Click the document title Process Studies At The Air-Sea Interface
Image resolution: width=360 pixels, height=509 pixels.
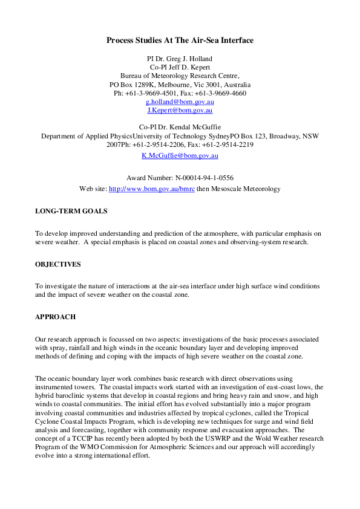[180, 41]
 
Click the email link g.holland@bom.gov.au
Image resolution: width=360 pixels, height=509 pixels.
[180, 102]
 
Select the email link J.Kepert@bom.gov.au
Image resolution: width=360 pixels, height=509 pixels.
[180, 111]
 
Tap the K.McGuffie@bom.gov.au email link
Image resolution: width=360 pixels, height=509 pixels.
[180, 155]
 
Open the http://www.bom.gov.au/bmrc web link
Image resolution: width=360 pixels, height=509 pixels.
[151, 189]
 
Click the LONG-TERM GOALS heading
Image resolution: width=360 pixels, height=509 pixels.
[71, 212]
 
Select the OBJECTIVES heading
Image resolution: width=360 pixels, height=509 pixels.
[57, 264]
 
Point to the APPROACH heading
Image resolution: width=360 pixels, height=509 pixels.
[56, 317]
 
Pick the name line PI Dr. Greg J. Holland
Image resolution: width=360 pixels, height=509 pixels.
[180, 59]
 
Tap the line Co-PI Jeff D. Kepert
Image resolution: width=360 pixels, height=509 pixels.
[180, 67]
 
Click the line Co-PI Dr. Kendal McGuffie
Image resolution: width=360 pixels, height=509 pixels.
[180, 128]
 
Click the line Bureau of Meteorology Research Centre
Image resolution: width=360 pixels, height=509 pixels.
[180, 76]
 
